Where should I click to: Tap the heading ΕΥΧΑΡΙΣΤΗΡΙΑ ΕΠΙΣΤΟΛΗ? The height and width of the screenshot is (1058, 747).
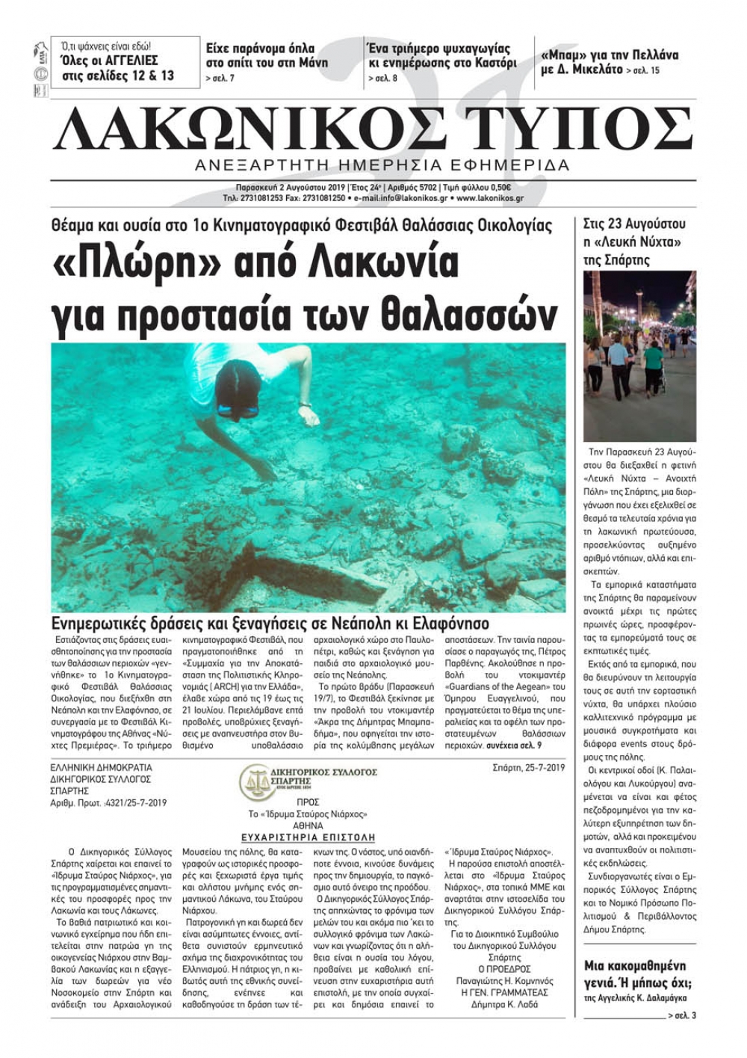(308, 838)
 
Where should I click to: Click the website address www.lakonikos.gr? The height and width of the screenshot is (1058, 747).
(489, 198)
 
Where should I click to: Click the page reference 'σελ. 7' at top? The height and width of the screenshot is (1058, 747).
(220, 79)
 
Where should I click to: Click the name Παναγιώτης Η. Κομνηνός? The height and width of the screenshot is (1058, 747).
(505, 981)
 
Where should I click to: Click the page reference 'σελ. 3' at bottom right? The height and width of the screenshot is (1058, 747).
(684, 1015)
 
